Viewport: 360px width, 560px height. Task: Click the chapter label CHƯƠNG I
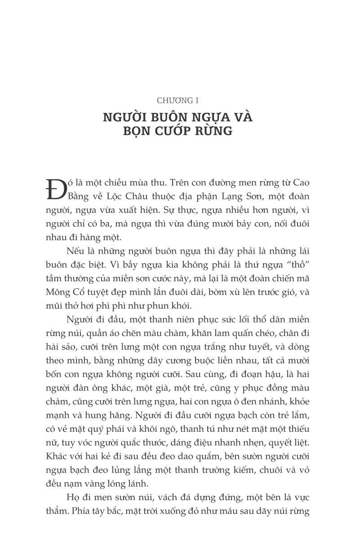tap(178, 101)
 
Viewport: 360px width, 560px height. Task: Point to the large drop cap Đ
tap(55, 189)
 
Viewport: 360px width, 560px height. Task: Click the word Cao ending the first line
tap(301, 183)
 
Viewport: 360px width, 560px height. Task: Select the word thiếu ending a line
tap(298, 429)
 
